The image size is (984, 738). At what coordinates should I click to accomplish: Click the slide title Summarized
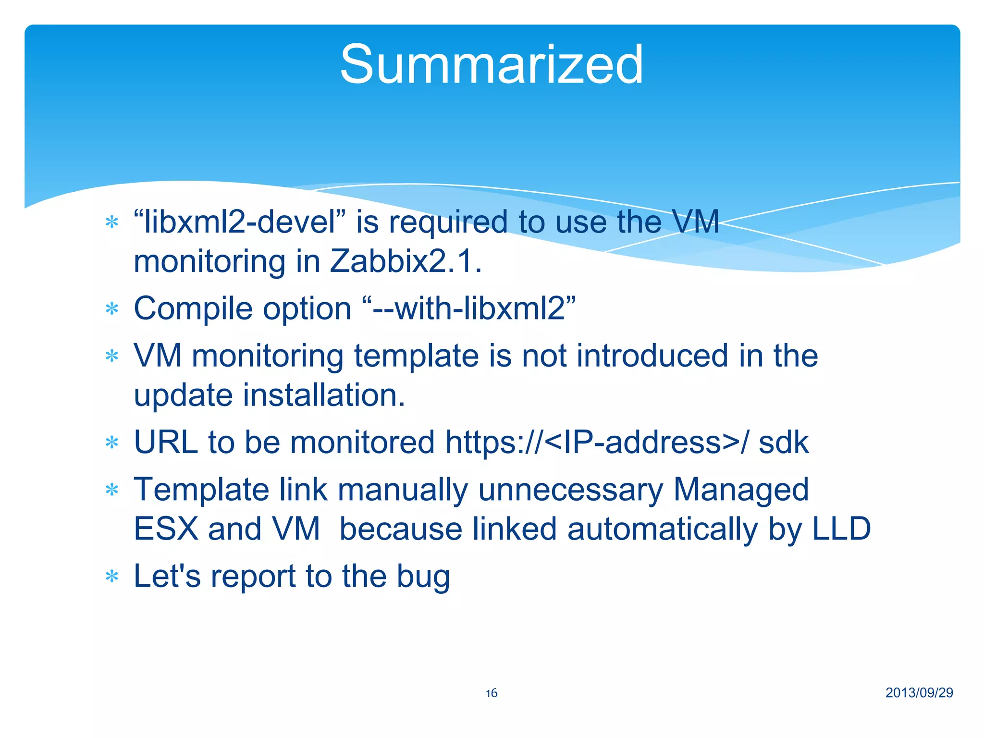[x=491, y=64]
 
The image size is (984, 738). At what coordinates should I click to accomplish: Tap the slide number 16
[x=491, y=693]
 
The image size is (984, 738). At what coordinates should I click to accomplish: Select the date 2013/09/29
[x=919, y=692]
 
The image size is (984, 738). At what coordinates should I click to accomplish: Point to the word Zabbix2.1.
[x=406, y=262]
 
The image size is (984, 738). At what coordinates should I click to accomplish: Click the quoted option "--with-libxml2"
[x=468, y=308]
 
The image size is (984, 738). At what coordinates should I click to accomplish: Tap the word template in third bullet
[x=416, y=356]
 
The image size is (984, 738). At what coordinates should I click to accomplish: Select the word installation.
[x=324, y=395]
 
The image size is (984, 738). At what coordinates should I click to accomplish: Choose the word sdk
[x=783, y=442]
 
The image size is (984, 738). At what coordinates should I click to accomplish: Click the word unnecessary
[x=570, y=490]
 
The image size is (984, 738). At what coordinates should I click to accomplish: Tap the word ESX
[x=166, y=529]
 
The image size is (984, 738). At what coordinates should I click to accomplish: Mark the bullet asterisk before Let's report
[x=112, y=577]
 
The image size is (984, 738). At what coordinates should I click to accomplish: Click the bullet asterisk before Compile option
[x=112, y=309]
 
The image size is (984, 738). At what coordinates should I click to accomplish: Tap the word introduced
[x=652, y=356]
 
